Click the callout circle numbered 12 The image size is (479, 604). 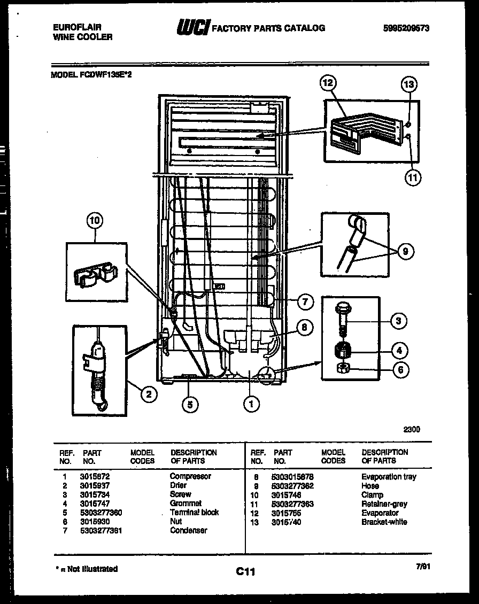(x=327, y=83)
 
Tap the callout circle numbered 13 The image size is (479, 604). (x=409, y=84)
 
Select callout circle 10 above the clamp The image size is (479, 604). (x=95, y=221)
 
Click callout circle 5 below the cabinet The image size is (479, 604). (x=188, y=405)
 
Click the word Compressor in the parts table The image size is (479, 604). (x=190, y=476)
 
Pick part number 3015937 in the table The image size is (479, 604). (x=96, y=485)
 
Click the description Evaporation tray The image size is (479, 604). (x=389, y=477)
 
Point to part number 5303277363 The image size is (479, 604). (x=292, y=504)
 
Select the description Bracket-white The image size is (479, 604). (x=384, y=522)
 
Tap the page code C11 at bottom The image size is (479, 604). (x=245, y=572)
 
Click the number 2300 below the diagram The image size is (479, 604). (x=411, y=429)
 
